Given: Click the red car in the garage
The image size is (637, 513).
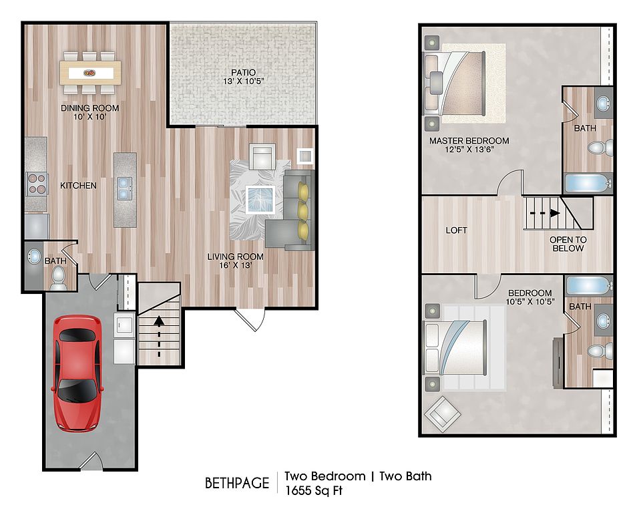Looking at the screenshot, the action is [x=77, y=373].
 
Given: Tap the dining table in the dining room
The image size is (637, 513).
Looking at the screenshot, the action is [x=91, y=73].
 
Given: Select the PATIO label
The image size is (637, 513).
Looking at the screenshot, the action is [x=243, y=72].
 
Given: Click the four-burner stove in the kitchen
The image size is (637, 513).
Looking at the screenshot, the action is [x=37, y=184].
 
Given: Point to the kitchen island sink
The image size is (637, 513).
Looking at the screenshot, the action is [x=125, y=188].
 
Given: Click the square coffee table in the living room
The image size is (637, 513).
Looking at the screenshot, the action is [x=260, y=199].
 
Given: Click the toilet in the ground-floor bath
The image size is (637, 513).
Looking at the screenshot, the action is [x=59, y=279].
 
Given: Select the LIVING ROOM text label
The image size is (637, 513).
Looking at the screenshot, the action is [x=235, y=256].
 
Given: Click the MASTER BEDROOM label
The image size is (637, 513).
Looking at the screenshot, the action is [x=469, y=141].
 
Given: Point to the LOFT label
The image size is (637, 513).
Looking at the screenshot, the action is [x=456, y=230].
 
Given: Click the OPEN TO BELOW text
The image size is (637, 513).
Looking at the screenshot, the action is [x=568, y=244].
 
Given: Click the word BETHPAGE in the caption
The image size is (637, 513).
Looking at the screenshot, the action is [x=237, y=483].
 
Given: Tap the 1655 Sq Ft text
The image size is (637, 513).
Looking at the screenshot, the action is [x=314, y=491].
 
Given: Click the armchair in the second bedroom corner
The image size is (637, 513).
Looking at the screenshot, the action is [x=442, y=414].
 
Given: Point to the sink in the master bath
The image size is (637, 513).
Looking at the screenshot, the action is [x=602, y=103].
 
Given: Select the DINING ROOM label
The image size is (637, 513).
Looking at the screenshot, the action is [x=89, y=108].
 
